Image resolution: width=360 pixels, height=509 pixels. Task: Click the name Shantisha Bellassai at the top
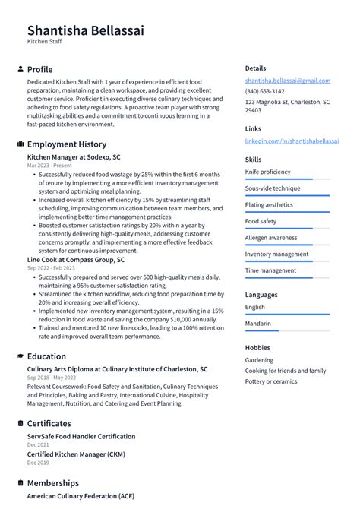point(85,30)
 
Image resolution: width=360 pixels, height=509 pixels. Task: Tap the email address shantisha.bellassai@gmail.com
point(287,81)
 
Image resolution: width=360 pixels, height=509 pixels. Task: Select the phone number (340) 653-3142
point(265,91)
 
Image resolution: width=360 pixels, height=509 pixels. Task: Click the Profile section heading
point(39,69)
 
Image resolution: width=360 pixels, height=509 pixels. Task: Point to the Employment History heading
point(66,144)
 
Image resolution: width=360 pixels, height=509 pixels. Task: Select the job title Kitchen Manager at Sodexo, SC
point(74,157)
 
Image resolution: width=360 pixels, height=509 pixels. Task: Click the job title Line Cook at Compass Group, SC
point(76,260)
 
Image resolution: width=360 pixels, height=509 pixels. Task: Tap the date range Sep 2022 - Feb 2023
point(51,268)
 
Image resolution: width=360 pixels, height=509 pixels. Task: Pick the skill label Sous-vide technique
point(273,188)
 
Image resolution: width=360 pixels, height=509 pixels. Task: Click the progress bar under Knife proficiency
point(287,179)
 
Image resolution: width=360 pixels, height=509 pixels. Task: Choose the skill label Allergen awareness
point(271,238)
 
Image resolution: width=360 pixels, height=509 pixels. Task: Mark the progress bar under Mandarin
point(287,330)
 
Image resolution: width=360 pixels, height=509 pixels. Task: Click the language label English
point(255,307)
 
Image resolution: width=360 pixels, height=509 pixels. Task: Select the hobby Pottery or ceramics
point(271,381)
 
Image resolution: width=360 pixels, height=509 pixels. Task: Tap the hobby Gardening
point(259,360)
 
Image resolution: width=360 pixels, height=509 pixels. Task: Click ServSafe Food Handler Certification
point(81,437)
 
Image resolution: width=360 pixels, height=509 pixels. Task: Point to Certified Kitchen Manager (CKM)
point(76,454)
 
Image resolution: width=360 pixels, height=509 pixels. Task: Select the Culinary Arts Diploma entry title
point(117,369)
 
